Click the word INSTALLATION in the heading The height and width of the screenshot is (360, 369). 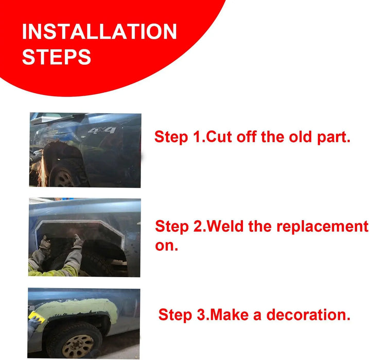pyautogui.click(x=99, y=31)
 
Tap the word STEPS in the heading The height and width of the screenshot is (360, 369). pyautogui.click(x=57, y=57)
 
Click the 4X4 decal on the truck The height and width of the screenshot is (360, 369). pyautogui.click(x=102, y=130)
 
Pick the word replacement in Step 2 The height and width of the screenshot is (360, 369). pyautogui.click(x=322, y=226)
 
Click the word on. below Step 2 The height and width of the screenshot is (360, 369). pyautogui.click(x=167, y=246)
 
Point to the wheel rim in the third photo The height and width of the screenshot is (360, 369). pyautogui.click(x=78, y=346)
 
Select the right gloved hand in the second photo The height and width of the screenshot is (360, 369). pyautogui.click(x=78, y=241)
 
